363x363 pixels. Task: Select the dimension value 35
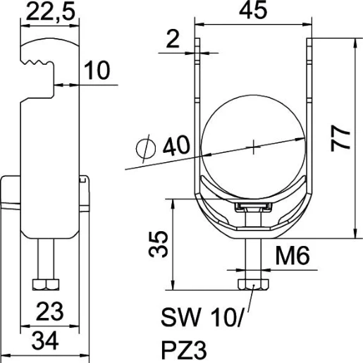tap(158, 244)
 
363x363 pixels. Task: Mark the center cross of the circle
tap(253, 147)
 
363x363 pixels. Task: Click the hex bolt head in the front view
tap(253, 283)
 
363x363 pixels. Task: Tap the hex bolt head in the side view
tap(45, 284)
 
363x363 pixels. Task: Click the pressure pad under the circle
tap(253, 207)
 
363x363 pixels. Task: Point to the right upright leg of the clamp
tap(308, 106)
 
